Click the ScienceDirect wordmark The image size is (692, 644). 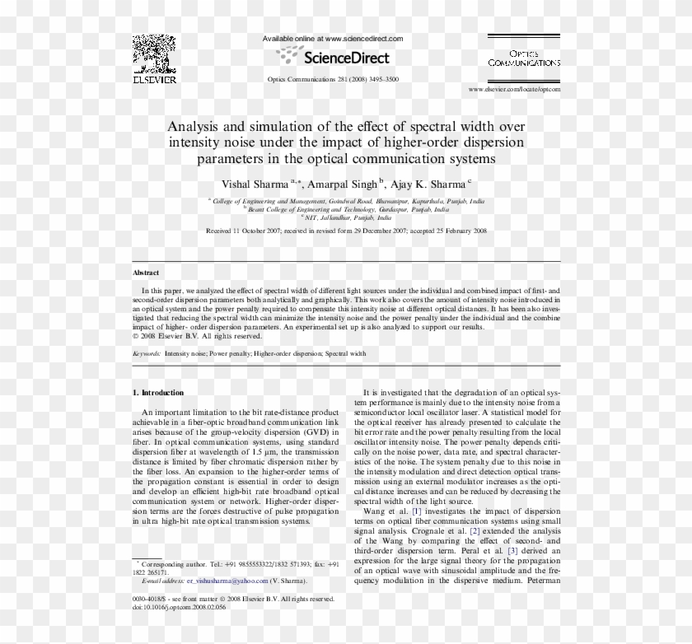[346, 58]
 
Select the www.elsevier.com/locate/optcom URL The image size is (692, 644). [514, 88]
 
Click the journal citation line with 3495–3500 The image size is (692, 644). [334, 79]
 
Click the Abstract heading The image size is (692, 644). [146, 273]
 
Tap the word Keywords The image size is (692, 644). [147, 353]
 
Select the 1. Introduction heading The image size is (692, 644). [158, 393]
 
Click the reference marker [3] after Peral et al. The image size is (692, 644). [512, 550]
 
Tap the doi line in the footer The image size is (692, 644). [179, 607]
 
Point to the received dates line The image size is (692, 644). [346, 231]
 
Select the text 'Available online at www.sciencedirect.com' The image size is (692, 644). [332, 39]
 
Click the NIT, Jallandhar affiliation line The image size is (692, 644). [346, 217]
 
